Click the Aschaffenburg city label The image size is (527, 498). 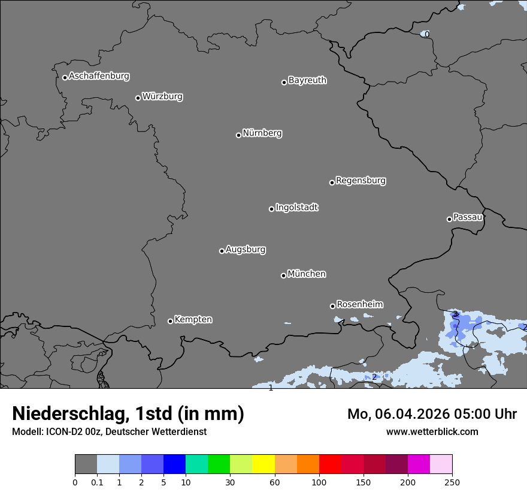[99, 76]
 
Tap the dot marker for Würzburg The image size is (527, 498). [138, 98]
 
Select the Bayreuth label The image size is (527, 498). [307, 80]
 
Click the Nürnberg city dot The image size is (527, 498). [238, 135]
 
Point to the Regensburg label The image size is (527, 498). [361, 181]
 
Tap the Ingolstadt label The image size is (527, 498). [296, 208]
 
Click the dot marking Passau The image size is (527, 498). [449, 219]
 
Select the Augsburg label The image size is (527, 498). [246, 250]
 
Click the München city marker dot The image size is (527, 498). [283, 275]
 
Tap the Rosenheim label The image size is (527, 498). [359, 305]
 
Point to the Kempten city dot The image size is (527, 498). [170, 321]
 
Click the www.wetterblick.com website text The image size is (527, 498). [432, 432]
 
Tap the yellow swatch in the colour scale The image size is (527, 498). [263, 464]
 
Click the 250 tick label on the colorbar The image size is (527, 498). [452, 482]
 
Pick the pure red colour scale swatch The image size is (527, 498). [330, 464]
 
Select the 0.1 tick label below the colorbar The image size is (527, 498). [97, 482]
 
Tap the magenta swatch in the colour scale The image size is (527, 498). [419, 464]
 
